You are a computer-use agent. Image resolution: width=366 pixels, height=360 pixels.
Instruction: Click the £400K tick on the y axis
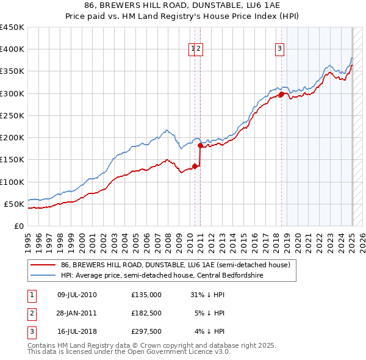[12, 49]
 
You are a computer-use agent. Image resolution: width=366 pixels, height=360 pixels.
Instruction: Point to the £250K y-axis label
[12, 115]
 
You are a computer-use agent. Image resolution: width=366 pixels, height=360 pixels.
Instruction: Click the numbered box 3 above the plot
[279, 49]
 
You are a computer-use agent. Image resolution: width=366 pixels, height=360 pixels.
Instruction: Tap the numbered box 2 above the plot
[199, 49]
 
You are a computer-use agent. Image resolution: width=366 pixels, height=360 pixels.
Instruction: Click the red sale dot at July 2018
[281, 95]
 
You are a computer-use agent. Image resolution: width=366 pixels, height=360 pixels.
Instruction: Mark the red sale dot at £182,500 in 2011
[201, 145]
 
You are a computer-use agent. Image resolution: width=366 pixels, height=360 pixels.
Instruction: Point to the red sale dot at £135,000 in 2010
[195, 166]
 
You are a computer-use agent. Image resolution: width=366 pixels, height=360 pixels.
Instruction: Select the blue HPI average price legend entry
[162, 275]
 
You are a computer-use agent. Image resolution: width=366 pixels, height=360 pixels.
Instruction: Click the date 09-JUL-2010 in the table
[77, 295]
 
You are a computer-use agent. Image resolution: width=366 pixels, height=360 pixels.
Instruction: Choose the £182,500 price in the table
[146, 313]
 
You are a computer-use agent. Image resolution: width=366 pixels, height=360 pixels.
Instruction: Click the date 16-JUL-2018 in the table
[77, 331]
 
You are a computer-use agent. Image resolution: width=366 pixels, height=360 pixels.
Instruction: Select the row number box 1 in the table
[31, 295]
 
